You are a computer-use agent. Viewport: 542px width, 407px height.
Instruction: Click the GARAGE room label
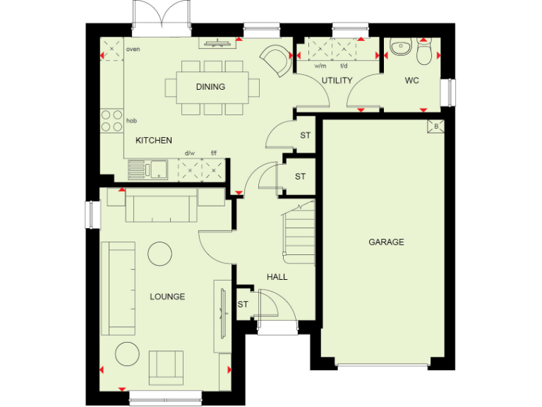click(386, 242)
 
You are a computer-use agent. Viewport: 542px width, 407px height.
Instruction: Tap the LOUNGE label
click(167, 297)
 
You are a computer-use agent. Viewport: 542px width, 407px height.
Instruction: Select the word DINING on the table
click(210, 87)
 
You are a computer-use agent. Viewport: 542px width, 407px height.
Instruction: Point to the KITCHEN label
click(154, 141)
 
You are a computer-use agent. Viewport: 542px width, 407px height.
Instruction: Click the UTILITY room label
click(337, 81)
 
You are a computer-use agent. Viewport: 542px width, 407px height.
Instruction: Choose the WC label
click(412, 81)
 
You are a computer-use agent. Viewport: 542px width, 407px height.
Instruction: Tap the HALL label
click(277, 277)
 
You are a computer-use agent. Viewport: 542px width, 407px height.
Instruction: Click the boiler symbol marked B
click(435, 127)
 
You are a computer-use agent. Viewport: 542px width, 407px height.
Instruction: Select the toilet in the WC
click(424, 52)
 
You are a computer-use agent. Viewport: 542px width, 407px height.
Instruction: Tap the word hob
click(131, 121)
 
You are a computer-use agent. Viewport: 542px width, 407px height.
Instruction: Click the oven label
click(133, 49)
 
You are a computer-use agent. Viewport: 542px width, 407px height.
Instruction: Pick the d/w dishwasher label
click(189, 153)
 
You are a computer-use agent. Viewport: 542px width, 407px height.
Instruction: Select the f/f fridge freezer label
click(214, 153)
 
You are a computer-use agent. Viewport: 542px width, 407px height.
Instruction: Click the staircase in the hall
click(299, 233)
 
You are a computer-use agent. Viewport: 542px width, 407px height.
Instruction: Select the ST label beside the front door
click(243, 305)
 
